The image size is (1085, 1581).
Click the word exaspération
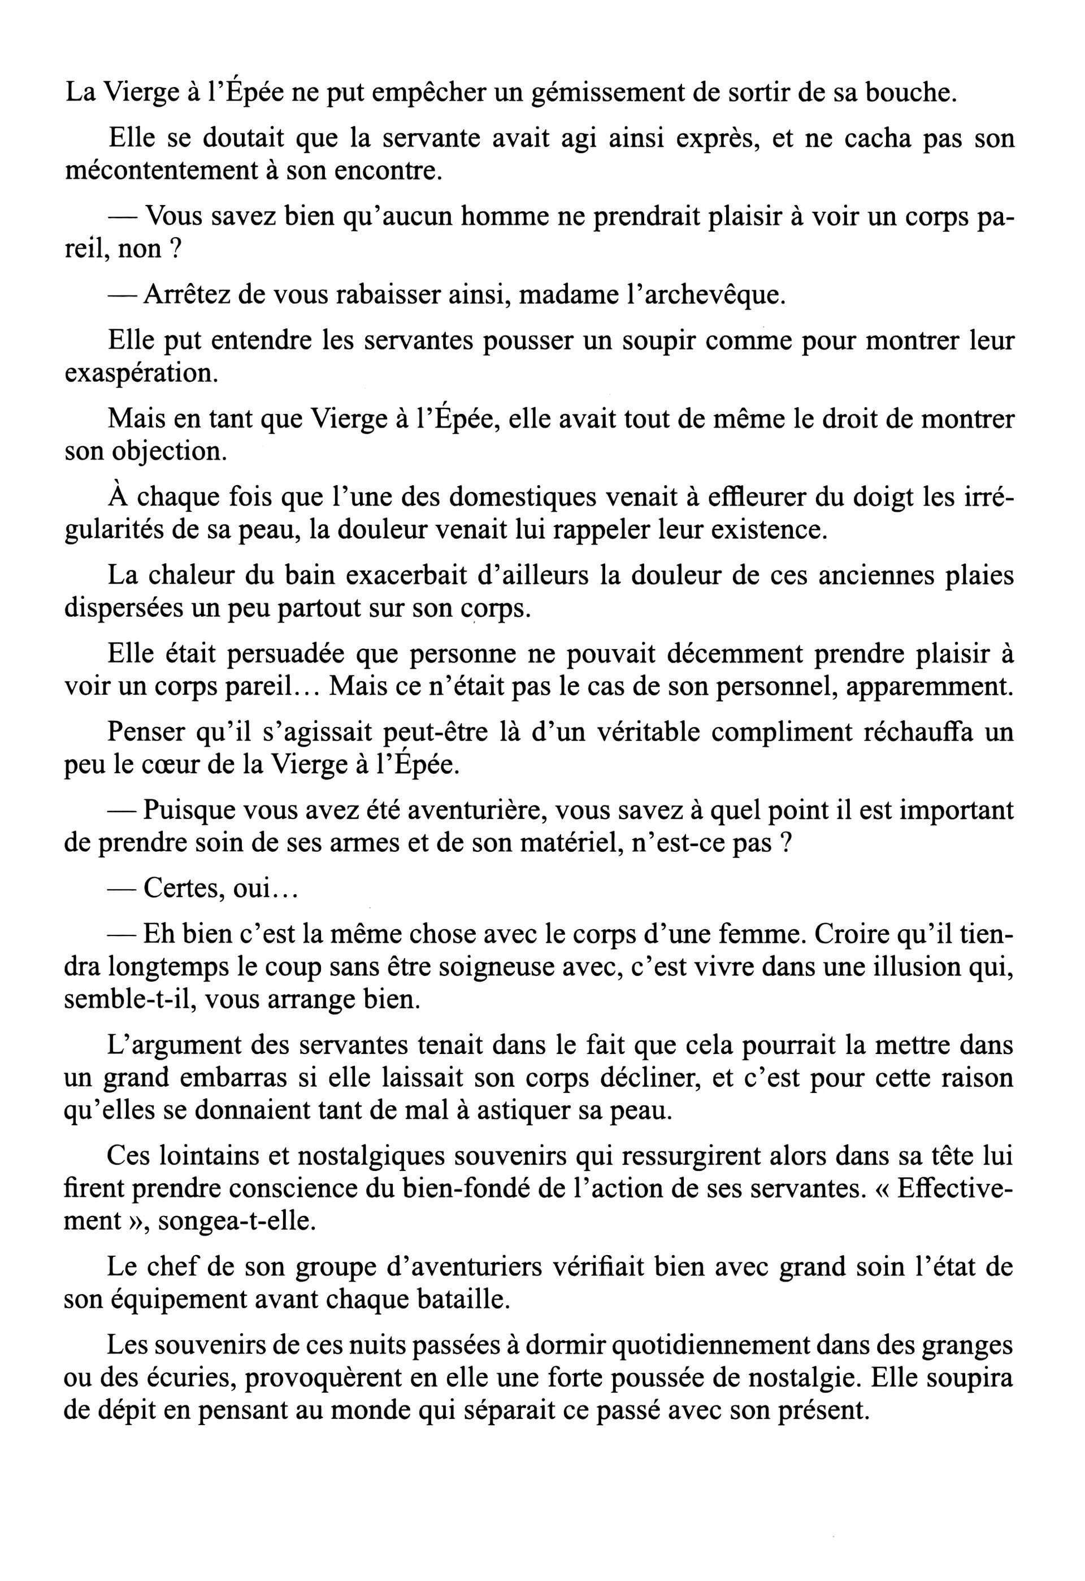tap(142, 374)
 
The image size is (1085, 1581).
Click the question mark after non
tap(175, 250)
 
